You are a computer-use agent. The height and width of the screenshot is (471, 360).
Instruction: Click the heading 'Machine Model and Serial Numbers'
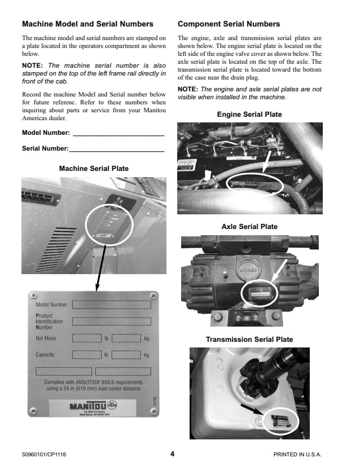[x=87, y=24]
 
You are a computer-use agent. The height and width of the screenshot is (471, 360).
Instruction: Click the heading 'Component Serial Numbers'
[x=229, y=24]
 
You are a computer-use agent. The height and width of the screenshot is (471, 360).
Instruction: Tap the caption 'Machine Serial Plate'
[x=94, y=168]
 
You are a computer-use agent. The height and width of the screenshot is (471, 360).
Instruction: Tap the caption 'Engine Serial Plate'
[x=249, y=115]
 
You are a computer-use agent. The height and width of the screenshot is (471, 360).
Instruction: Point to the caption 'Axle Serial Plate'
[x=249, y=227]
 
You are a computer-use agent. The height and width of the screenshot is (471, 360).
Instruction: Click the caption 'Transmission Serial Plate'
[x=249, y=340]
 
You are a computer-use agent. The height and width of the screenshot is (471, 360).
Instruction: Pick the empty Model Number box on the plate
[x=111, y=305]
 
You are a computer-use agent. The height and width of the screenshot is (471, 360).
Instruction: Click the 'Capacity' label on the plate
[x=45, y=355]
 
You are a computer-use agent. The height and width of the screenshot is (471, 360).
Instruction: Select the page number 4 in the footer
[x=172, y=454]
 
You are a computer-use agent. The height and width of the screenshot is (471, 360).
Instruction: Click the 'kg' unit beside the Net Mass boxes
[x=146, y=338]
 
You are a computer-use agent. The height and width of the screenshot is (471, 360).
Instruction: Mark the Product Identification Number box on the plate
[x=111, y=321]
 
